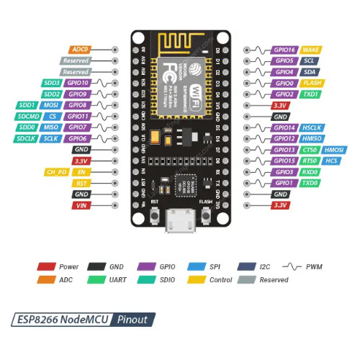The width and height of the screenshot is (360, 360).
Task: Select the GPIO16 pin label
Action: click(284, 50)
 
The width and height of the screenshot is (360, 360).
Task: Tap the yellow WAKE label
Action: click(311, 50)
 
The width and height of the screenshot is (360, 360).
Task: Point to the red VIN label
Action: click(81, 205)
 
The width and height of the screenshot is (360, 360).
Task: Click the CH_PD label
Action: click(55, 172)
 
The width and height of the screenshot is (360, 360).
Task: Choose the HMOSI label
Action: click(336, 150)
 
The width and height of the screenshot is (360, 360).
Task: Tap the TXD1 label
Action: click(311, 94)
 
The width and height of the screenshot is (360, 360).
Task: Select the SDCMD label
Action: click(29, 116)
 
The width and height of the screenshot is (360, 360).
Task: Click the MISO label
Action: click(50, 127)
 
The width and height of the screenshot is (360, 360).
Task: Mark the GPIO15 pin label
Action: click(284, 161)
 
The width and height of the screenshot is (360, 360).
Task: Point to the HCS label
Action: click(333, 161)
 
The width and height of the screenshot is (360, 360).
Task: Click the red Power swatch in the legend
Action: click(46, 267)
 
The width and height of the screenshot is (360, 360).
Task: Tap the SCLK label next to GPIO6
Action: click(50, 138)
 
